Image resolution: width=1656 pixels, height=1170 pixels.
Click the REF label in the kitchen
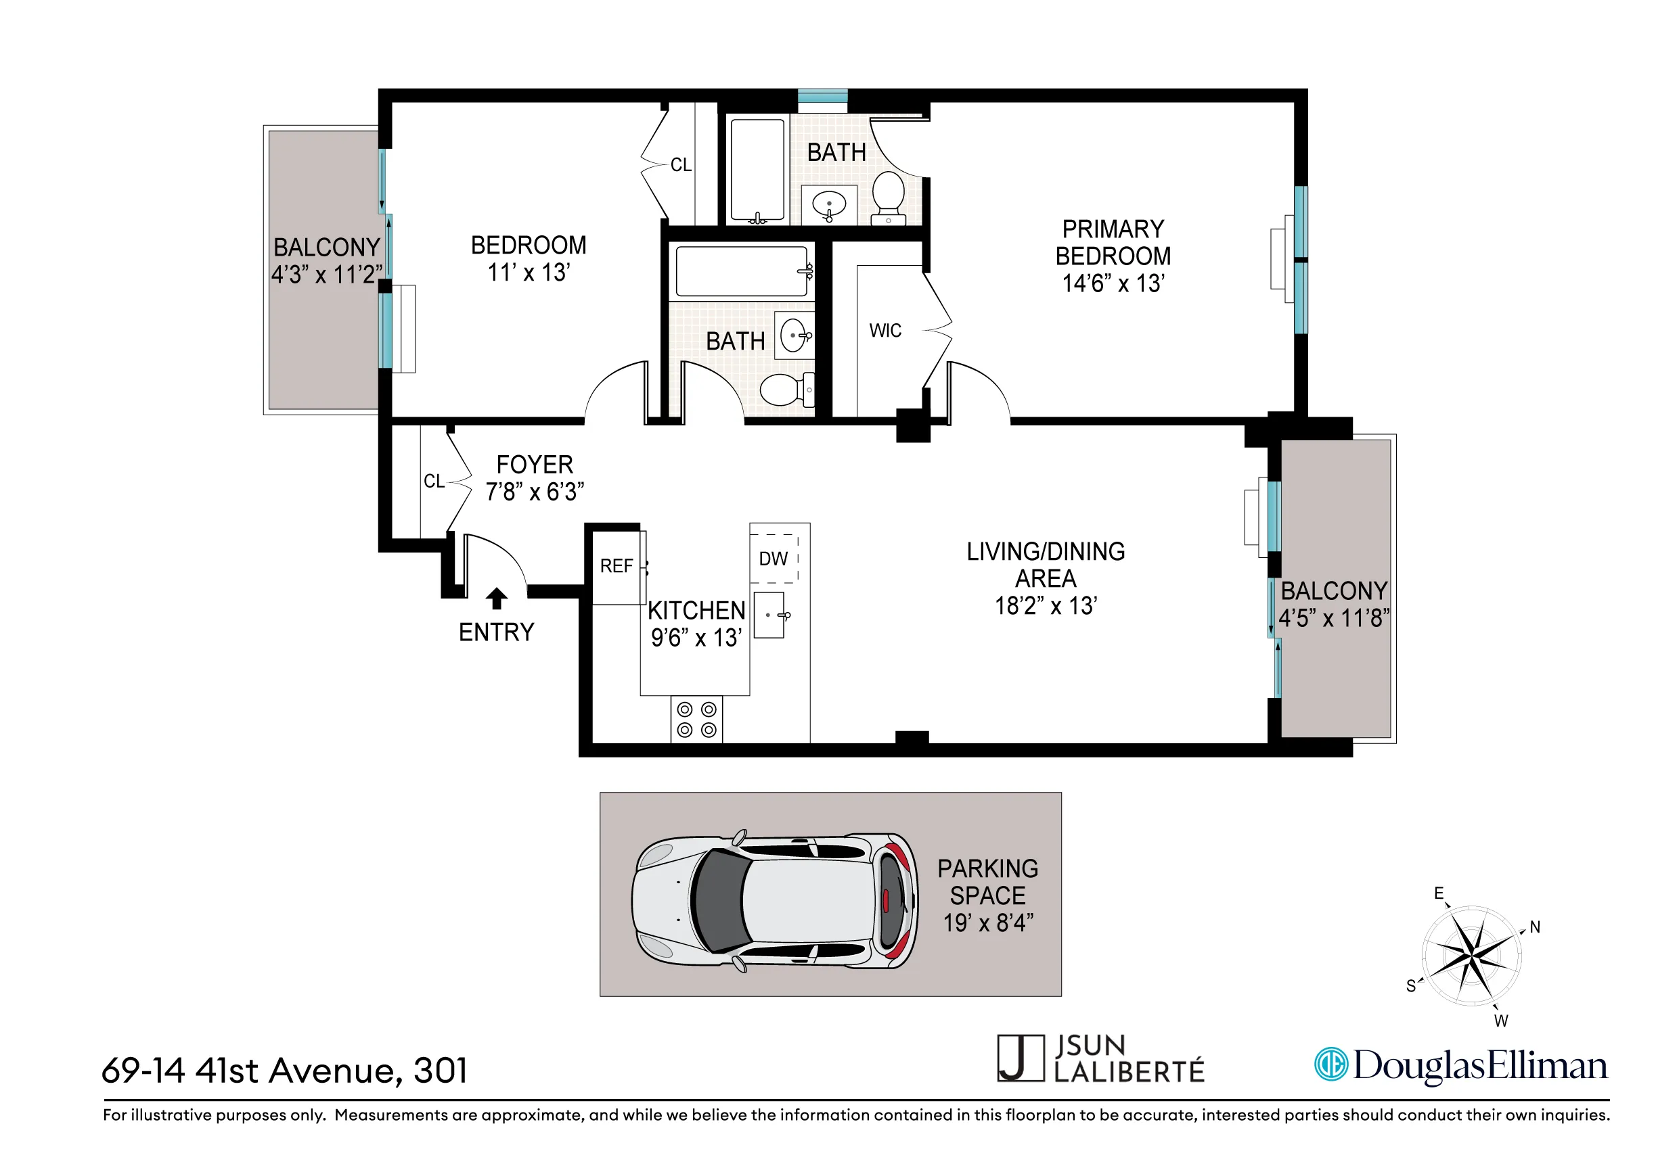coord(616,567)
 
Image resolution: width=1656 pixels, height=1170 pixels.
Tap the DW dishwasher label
coord(774,559)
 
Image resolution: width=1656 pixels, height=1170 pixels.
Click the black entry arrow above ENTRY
coord(496,599)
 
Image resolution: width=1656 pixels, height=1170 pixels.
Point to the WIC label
coord(885,331)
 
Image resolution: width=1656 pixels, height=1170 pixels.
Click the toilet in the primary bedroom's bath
coord(889,196)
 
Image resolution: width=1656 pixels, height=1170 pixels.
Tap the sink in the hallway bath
coord(794,336)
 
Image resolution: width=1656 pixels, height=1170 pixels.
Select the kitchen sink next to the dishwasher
coord(769,615)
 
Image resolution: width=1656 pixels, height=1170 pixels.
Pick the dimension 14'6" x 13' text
coord(1112,284)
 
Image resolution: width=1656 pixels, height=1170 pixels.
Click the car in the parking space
coord(775,902)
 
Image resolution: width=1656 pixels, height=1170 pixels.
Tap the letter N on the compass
coord(1535,928)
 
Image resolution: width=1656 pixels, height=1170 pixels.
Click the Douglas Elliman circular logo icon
coord(1330,1064)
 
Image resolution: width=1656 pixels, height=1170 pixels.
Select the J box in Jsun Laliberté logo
coord(1020,1058)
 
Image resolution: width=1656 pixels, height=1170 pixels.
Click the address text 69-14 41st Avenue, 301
coord(285,1071)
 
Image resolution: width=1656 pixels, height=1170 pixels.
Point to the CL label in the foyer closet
coord(434,482)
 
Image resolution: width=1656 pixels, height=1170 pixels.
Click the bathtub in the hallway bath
coord(741,272)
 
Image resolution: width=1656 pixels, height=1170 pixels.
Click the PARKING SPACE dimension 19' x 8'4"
coord(988,923)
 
